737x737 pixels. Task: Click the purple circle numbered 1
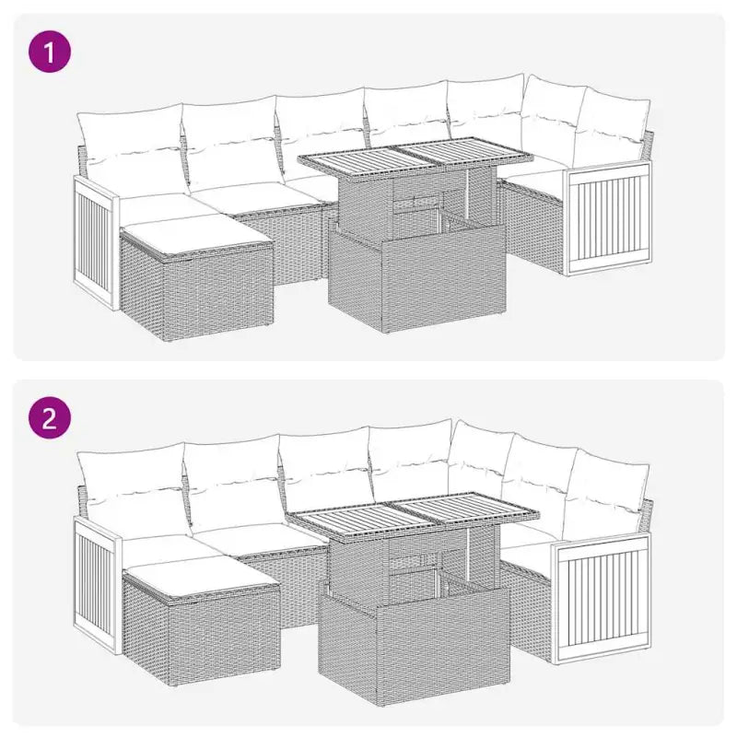[x=51, y=52]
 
